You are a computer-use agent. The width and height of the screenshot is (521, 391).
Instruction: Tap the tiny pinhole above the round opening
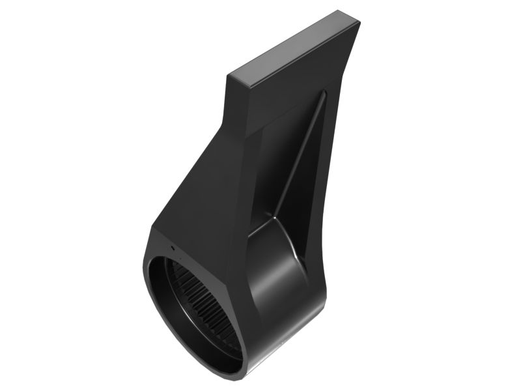[x=171, y=248]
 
